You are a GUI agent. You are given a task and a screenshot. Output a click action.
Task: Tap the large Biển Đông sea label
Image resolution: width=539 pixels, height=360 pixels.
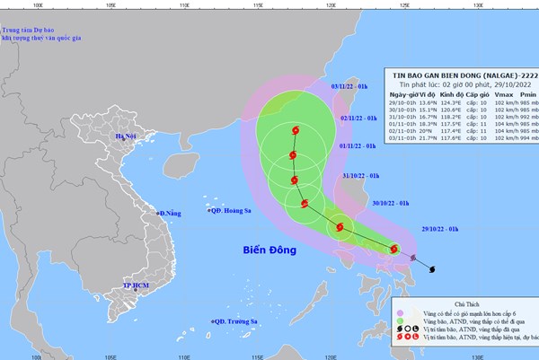coord(272,249)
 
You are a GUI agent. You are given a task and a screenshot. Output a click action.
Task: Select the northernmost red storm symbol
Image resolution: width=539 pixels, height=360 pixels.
coord(295,133)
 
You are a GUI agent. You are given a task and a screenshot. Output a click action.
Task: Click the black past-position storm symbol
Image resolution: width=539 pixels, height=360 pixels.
coord(431,268)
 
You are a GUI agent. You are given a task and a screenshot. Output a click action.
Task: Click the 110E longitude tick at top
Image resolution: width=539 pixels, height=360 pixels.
coord(183,4)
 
